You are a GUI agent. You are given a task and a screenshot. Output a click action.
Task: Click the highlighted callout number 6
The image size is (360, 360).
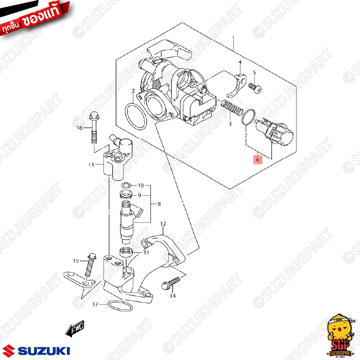[x=257, y=160]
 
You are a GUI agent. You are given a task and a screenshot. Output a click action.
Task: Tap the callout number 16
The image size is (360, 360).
[x=80, y=128]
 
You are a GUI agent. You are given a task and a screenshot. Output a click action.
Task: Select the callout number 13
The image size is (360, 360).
[x=91, y=165]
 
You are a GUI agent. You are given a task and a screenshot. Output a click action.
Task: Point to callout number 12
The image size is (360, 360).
[x=163, y=224]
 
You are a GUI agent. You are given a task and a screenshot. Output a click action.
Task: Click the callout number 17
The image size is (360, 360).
[x=95, y=304]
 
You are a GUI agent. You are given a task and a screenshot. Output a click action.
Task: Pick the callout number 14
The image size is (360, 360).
[x=173, y=296]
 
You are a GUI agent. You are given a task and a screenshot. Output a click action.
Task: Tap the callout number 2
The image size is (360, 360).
[x=133, y=91]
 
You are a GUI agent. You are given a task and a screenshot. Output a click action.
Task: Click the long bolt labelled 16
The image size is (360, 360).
[x=94, y=128]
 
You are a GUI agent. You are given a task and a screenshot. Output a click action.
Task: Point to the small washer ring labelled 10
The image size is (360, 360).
[x=126, y=185]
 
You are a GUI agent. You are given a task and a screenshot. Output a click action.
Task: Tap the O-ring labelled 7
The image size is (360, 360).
[x=248, y=117]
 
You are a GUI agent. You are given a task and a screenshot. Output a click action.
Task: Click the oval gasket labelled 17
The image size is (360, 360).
[x=120, y=306]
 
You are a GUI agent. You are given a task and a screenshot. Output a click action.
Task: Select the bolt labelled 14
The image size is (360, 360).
[x=171, y=283]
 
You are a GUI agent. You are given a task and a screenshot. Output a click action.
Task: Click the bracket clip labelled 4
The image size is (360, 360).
[x=237, y=85]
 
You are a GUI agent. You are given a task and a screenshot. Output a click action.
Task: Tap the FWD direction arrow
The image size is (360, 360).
[x=75, y=328]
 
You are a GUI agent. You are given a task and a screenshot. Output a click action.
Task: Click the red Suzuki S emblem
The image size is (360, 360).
[x=9, y=351]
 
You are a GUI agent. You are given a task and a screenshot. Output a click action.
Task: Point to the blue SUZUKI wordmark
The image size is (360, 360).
[x=44, y=351]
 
